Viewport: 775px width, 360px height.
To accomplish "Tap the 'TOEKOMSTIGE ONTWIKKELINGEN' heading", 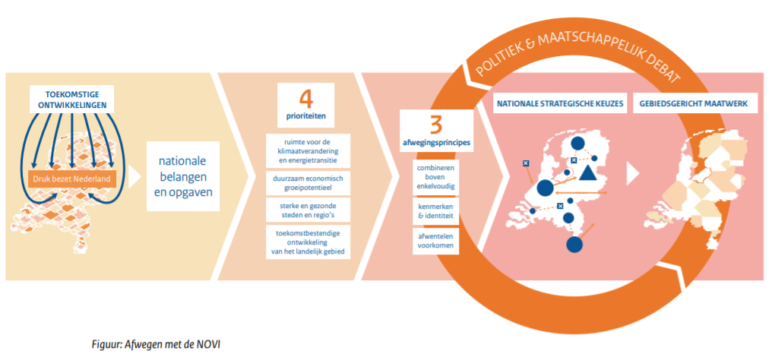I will [x=74, y=98].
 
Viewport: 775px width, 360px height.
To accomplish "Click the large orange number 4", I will [x=305, y=99].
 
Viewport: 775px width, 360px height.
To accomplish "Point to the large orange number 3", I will [x=436, y=126].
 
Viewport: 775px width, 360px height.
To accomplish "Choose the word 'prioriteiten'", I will [x=305, y=118].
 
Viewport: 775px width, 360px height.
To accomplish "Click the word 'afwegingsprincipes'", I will [x=436, y=144].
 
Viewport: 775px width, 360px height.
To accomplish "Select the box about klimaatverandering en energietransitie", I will [x=308, y=150].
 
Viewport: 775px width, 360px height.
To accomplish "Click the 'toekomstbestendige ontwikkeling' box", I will [x=308, y=242].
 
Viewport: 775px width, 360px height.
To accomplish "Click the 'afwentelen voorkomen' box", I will [x=436, y=240].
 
